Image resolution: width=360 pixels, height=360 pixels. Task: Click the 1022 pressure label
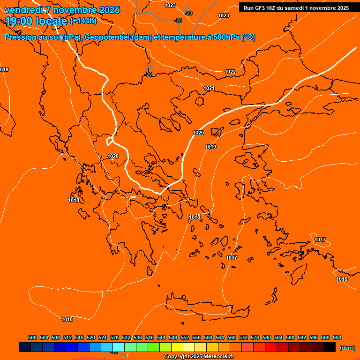[x=230, y=72]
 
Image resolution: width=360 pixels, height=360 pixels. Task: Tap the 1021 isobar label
[x=209, y=89]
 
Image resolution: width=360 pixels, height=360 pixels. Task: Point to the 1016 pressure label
[x=342, y=279]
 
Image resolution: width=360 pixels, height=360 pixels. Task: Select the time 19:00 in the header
[x=22, y=21]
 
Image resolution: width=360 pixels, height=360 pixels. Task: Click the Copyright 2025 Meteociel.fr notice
[x=199, y=357]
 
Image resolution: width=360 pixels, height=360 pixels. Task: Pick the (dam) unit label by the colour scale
[x=347, y=348]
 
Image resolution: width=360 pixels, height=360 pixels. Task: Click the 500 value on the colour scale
[x=32, y=337]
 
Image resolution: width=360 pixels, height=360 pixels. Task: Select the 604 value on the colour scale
[x=337, y=337]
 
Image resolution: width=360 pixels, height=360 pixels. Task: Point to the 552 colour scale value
[x=185, y=337]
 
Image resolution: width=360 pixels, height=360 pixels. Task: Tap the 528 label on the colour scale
[x=114, y=337]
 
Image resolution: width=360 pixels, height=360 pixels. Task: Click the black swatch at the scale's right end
[x=330, y=347]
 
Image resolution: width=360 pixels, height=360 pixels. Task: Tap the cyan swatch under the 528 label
[x=119, y=347]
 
